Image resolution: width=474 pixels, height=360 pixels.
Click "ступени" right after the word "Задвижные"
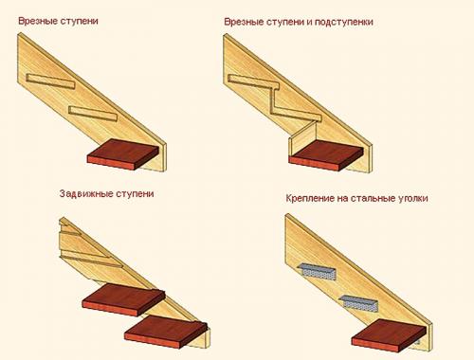(x=132, y=194)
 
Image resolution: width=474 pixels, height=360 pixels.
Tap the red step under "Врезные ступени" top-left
(x=123, y=153)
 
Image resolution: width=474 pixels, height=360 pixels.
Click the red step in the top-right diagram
(x=327, y=155)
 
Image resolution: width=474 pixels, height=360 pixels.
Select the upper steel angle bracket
(x=320, y=271)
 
